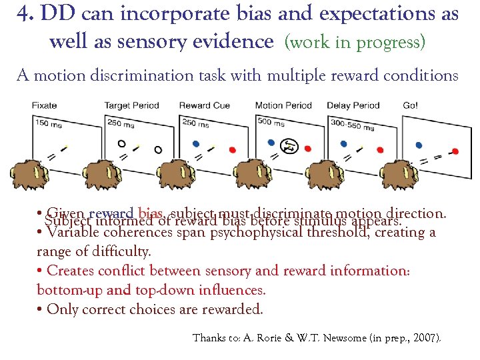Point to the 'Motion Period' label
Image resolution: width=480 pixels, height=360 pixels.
283,105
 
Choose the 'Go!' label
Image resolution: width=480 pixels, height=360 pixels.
411,105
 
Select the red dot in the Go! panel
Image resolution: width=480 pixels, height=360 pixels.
455,151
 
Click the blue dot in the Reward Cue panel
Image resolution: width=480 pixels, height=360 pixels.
195,143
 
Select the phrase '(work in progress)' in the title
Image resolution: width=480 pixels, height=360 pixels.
354,43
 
